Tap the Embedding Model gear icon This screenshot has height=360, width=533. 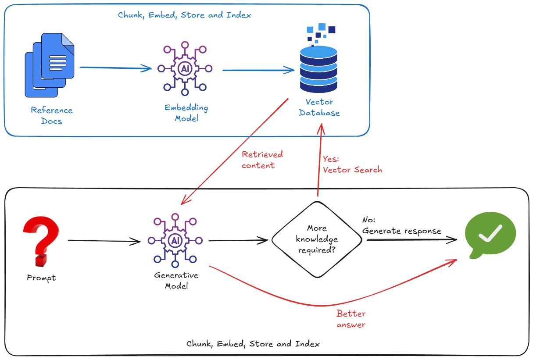tap(185, 68)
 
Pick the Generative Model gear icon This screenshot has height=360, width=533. tap(175, 240)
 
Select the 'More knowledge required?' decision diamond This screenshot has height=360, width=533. tap(317, 240)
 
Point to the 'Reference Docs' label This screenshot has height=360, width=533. tap(51, 115)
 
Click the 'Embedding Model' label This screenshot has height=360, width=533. tap(186, 113)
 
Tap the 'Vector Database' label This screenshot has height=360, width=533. tap(319, 107)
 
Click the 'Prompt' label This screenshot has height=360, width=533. tap(41, 278)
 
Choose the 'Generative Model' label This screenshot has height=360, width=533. tap(176, 281)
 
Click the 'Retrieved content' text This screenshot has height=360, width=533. tap(262, 160)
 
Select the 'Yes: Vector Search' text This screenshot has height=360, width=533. tap(352, 164)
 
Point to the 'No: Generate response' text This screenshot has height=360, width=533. tap(401, 226)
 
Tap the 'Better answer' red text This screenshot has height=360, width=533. tap(351, 319)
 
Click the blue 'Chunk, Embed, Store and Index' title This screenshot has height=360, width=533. tap(184, 15)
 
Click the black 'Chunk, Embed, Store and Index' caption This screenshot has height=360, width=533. tap(253, 344)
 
